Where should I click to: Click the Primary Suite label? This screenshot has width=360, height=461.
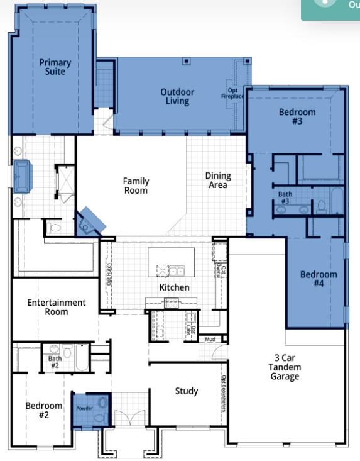[55, 67]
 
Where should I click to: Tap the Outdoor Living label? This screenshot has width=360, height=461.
[177, 96]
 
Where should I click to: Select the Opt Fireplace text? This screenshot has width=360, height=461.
[233, 94]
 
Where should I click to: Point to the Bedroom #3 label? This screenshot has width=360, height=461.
[297, 116]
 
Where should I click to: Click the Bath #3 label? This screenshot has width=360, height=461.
[285, 198]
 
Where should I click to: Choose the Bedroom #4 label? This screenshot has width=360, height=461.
[318, 279]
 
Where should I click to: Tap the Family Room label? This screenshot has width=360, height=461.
[136, 186]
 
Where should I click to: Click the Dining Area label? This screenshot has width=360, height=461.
[218, 181]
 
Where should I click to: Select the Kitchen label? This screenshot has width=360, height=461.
[174, 287]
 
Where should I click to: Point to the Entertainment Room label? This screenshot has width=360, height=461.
[57, 307]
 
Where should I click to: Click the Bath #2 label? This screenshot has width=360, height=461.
[55, 362]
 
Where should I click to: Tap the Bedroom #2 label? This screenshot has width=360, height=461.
[44, 410]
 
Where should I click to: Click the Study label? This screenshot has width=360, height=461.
[186, 391]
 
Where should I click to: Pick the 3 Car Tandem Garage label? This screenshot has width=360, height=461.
[284, 367]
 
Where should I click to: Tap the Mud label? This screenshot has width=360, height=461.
[210, 340]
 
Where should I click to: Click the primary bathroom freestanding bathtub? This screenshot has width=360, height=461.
[23, 175]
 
